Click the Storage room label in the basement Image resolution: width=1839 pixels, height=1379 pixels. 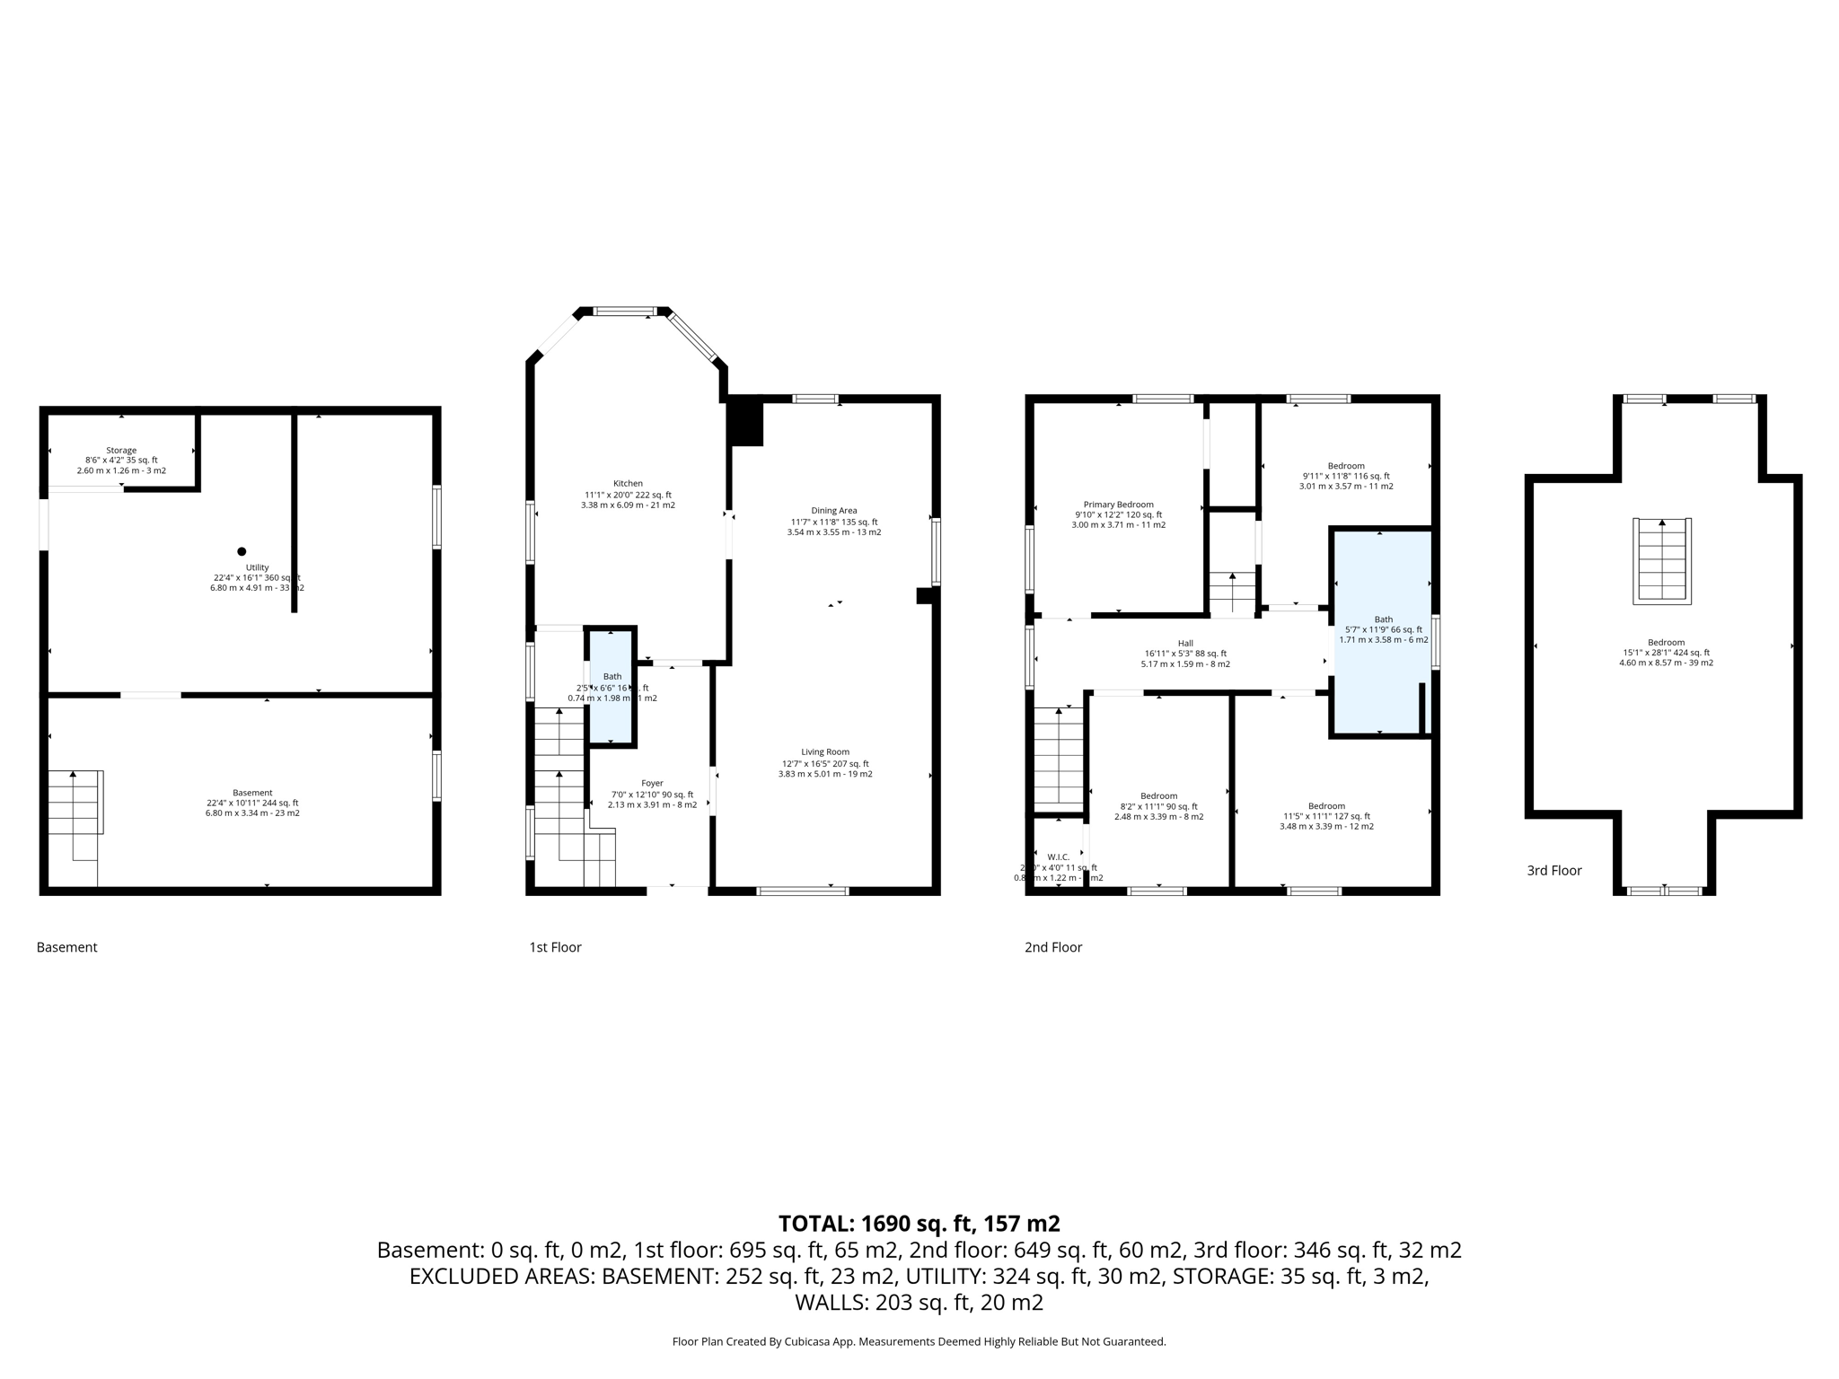click(121, 451)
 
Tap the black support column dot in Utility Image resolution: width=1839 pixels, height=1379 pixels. click(241, 551)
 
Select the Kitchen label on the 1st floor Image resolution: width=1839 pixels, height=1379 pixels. click(628, 484)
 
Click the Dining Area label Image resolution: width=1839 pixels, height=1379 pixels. click(834, 511)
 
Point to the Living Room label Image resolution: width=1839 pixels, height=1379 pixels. click(825, 752)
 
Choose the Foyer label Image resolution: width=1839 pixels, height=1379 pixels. click(652, 784)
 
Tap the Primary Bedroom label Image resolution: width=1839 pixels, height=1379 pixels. click(1118, 505)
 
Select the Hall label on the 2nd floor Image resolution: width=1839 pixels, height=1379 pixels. click(1185, 644)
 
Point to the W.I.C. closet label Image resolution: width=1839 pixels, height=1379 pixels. click(1058, 857)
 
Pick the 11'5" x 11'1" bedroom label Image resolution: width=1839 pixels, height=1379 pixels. click(1326, 806)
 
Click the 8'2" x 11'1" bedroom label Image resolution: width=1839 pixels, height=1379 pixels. click(1158, 796)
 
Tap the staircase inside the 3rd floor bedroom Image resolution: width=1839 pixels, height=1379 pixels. click(1661, 561)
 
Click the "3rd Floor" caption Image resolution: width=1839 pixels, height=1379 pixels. click(1554, 871)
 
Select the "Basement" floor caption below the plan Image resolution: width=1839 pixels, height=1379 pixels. click(66, 947)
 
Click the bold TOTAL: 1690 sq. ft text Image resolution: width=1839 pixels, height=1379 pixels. click(919, 1224)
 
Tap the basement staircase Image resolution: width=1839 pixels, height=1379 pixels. click(75, 804)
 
